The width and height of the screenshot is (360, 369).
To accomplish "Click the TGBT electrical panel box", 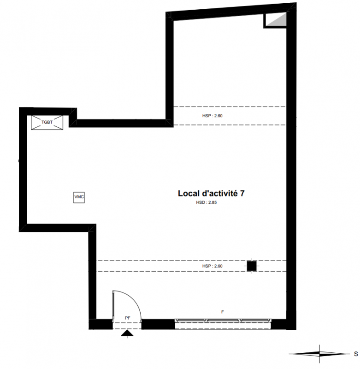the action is coord(47,122).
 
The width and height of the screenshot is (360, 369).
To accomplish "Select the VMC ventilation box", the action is coord(79,197).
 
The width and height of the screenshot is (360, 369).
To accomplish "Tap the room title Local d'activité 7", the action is coord(211,193).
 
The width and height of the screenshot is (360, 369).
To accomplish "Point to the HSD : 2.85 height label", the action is coord(207,202).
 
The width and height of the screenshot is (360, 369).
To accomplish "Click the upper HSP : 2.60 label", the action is coord(212,116).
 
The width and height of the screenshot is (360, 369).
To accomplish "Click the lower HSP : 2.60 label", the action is coord(212,266).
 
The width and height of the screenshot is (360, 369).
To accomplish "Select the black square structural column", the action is coord(252,266).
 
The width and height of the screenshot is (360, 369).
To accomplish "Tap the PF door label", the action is coord(127,318).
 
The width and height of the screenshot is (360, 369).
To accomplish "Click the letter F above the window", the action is coord(223,312).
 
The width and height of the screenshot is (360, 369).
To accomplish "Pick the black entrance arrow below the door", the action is coord(127,333).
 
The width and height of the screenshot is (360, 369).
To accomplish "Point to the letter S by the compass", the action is coord(356,354).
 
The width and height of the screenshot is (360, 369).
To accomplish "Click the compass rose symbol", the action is coord(319,354).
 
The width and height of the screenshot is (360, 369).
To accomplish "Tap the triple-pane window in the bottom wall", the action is coord(223,321).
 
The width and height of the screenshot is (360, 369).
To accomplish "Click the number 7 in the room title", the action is coord(242,193).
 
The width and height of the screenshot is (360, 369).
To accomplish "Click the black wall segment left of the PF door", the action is coord(100,324).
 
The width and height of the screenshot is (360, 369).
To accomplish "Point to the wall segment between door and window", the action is coord(158,324).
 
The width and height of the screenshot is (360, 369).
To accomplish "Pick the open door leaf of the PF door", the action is coord(113,305).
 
